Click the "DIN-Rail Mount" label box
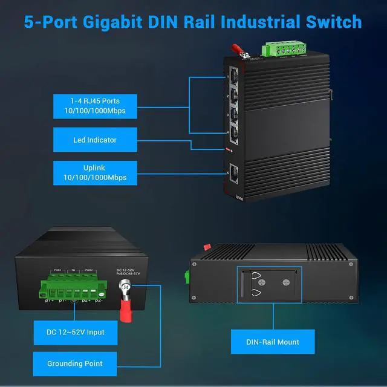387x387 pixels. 272,342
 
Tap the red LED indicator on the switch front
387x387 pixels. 229,149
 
